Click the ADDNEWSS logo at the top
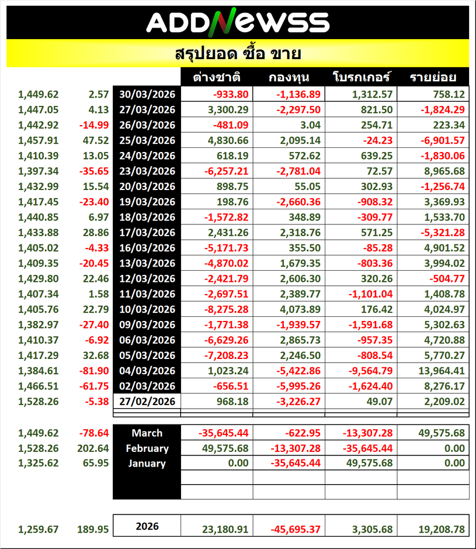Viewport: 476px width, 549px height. coord(237,22)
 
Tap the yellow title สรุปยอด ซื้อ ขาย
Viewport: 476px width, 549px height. coord(237,54)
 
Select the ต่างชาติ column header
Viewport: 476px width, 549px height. coord(217,78)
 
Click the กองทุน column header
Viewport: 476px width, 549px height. coord(289,78)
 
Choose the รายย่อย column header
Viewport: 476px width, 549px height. coord(433,78)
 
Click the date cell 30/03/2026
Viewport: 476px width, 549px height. coord(147,94)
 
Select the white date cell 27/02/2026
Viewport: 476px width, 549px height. coord(147,401)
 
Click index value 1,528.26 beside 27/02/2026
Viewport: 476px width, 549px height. coord(39,401)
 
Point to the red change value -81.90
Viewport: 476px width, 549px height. coord(95,371)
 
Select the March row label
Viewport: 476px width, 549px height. coord(147,433)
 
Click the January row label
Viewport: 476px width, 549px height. coord(147,464)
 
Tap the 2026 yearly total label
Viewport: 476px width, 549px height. coord(147,526)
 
